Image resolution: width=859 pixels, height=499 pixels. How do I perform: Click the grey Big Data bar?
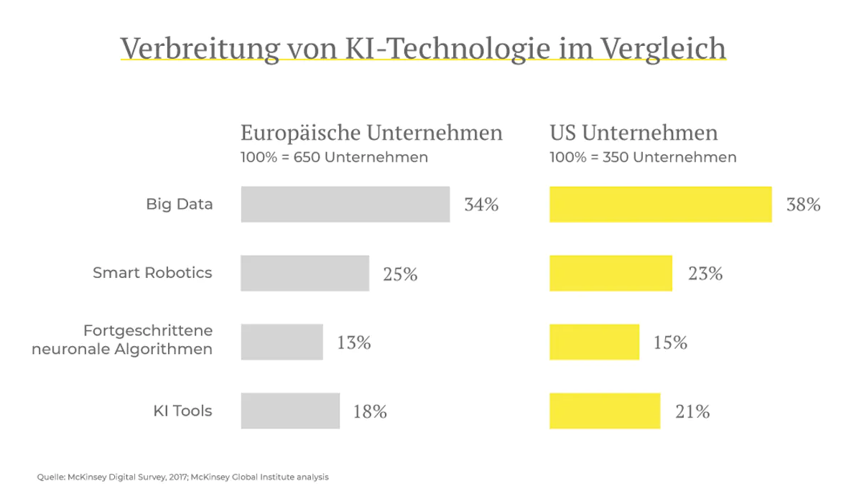coord(345,205)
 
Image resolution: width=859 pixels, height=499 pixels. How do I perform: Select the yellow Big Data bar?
coord(660,205)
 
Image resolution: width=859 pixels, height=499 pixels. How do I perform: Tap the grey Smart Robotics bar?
coord(305,274)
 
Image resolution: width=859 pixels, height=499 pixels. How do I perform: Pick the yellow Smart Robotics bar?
coord(610,274)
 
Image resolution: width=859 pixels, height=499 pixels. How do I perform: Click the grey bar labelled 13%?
coord(282,342)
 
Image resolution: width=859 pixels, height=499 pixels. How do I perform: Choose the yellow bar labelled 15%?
coord(594,342)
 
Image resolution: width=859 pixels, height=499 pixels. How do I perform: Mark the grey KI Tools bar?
coord(290,411)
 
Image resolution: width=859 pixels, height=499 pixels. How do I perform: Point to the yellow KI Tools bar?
coord(605,411)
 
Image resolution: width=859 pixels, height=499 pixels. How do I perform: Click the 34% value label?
coord(481,205)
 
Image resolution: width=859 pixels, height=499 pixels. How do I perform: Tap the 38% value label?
coord(803,205)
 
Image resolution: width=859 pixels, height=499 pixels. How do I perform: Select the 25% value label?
coord(400,274)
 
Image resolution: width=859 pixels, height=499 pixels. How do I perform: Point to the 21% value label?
coord(692,411)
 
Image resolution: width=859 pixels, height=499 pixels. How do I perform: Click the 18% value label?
coord(370,411)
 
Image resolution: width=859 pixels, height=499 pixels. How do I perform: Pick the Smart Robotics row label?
coord(152,273)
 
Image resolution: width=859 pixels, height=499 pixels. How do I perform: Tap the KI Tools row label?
coord(182,411)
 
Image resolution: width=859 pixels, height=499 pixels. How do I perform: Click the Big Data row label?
coord(179,204)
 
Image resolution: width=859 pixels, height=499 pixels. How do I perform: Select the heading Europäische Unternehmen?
coord(371,134)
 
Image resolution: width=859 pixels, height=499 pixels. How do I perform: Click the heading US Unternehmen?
coord(633,134)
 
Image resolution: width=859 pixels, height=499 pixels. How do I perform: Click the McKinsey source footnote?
coord(183,477)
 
